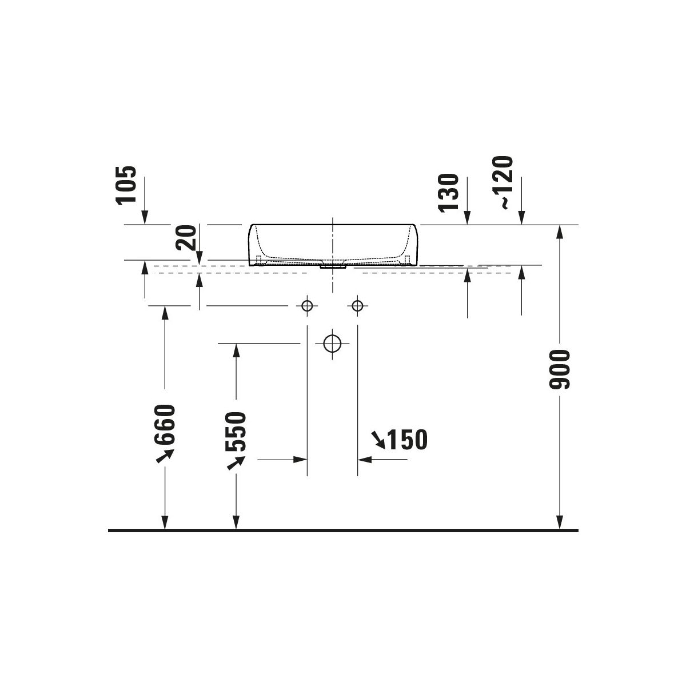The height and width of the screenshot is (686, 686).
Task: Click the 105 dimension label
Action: (x=126, y=185)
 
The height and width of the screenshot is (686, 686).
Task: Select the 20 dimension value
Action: (x=186, y=237)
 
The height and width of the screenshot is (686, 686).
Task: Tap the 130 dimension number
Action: (x=449, y=193)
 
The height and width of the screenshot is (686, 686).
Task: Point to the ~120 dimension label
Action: (x=502, y=182)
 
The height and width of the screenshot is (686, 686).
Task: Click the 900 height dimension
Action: (x=559, y=369)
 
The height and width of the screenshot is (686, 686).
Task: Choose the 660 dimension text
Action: (x=165, y=424)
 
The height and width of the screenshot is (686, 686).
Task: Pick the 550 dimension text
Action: (x=236, y=432)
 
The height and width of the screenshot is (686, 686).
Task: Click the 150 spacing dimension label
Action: (x=407, y=440)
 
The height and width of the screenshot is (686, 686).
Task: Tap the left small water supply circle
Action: (x=307, y=305)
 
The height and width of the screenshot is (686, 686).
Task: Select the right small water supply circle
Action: (x=357, y=305)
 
